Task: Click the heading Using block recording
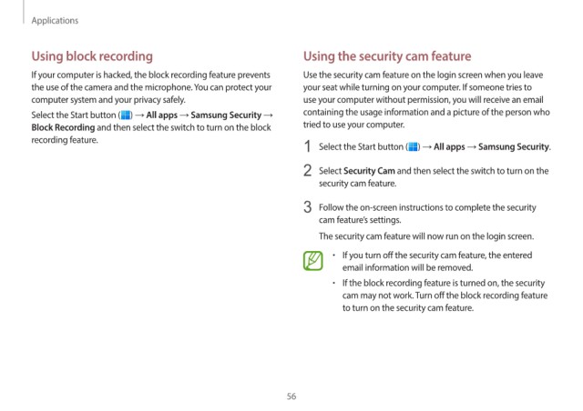(x=92, y=56)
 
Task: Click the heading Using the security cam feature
(x=387, y=56)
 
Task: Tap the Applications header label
(x=55, y=20)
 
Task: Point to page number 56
(x=291, y=396)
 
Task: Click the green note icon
(x=313, y=261)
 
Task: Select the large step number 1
(x=308, y=146)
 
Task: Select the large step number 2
(x=308, y=170)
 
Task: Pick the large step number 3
(x=308, y=206)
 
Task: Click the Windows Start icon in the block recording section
(x=126, y=115)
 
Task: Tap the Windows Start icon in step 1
(x=413, y=147)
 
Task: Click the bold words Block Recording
(x=63, y=127)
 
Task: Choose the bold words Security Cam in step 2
(x=369, y=171)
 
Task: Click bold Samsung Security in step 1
(x=514, y=147)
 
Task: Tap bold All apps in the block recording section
(x=162, y=115)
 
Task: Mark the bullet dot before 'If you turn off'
(x=334, y=256)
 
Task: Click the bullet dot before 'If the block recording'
(x=334, y=283)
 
